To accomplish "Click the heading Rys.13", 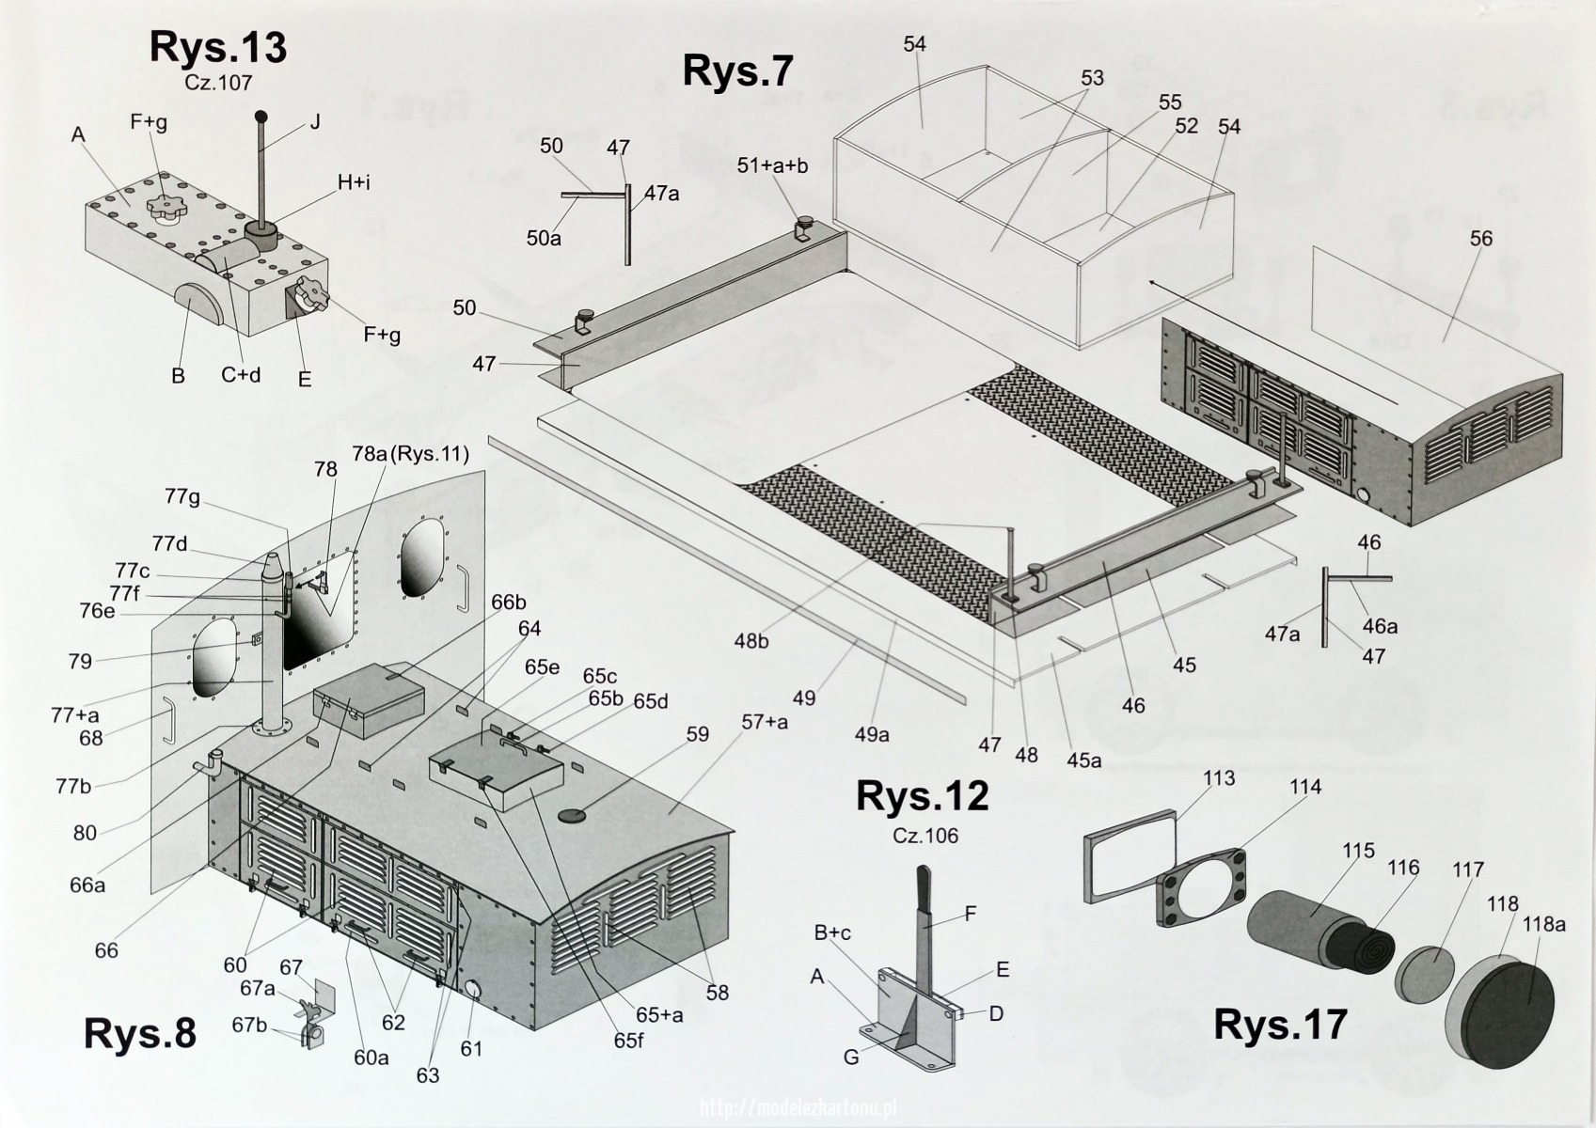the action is [218, 49].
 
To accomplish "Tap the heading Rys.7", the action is [737, 71].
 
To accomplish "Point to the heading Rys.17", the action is [1280, 1024].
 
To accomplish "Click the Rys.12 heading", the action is [922, 795].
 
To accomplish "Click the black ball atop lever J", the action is [261, 116].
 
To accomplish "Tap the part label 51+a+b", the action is [772, 166].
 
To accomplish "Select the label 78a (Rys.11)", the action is [410, 454].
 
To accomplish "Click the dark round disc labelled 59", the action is [572, 815].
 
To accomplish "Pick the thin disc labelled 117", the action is [1424, 973].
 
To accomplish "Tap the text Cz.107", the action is [218, 84].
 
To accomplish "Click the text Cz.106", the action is [925, 836].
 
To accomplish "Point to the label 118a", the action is [1544, 924].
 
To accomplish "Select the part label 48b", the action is [751, 642].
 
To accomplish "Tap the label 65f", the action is [628, 1041].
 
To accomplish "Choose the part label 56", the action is [1480, 239].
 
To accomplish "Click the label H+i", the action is [354, 183].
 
